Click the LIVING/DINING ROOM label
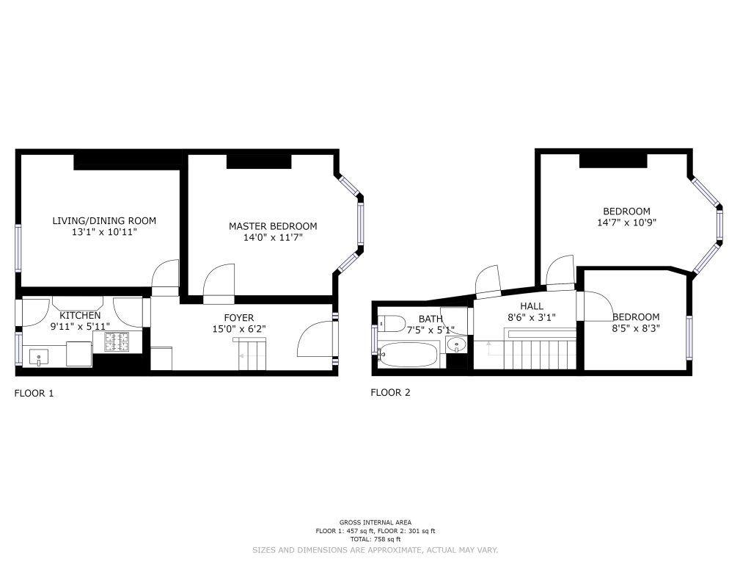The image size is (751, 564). pyautogui.click(x=104, y=221)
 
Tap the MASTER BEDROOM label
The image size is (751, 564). pyautogui.click(x=273, y=226)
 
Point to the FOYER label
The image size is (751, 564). pyautogui.click(x=239, y=317)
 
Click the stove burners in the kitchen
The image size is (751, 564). pyautogui.click(x=117, y=342)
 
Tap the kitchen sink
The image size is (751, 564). pyautogui.click(x=38, y=358)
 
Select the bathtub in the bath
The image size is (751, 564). pyautogui.click(x=408, y=355)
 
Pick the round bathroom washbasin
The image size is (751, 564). pyautogui.click(x=455, y=345)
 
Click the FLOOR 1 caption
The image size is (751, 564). pyautogui.click(x=34, y=394)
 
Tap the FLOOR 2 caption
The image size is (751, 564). pyautogui.click(x=390, y=393)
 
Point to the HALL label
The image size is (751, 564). pyautogui.click(x=532, y=306)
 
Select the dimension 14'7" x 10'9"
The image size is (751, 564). pyautogui.click(x=626, y=223)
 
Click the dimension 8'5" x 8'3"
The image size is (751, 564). pyautogui.click(x=636, y=328)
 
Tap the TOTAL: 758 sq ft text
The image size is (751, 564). pyautogui.click(x=375, y=539)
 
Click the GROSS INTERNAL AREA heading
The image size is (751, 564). pyautogui.click(x=375, y=523)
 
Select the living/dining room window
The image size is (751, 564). pyautogui.click(x=18, y=248)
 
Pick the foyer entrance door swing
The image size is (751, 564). pyautogui.click(x=315, y=339)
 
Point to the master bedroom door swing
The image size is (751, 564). pyautogui.click(x=219, y=284)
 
